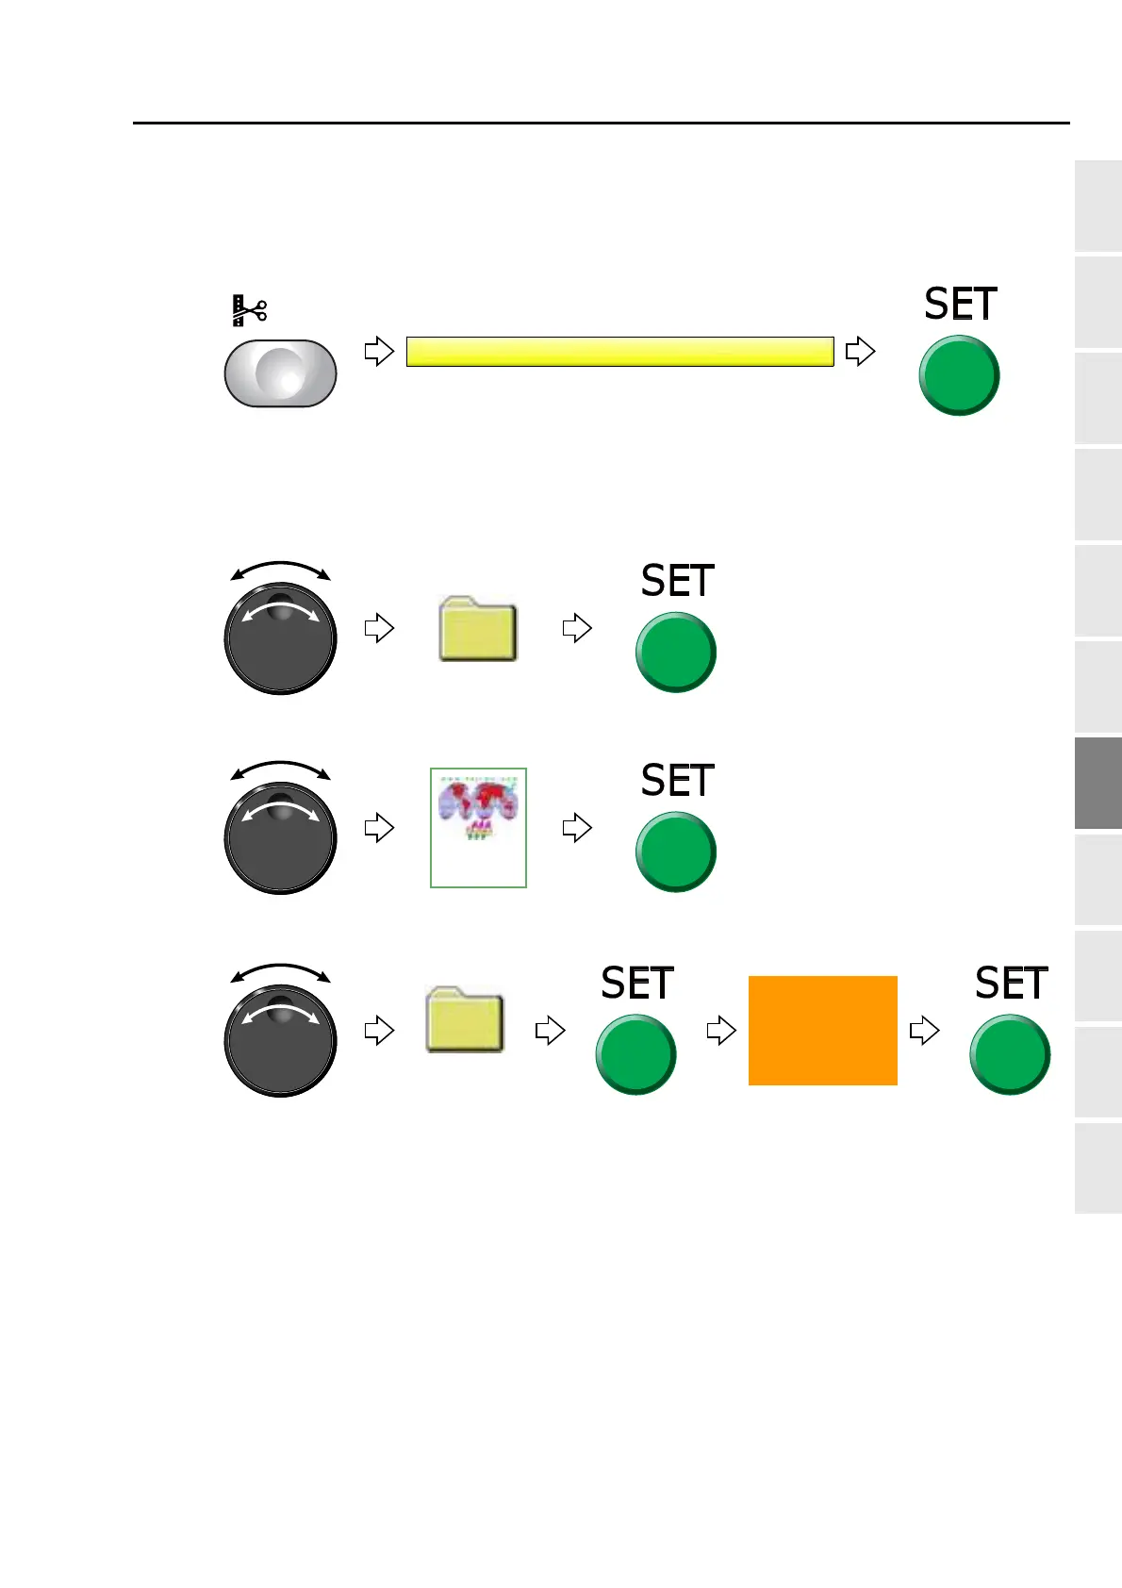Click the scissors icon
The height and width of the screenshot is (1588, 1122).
[x=249, y=310]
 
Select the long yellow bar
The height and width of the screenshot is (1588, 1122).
[x=619, y=352]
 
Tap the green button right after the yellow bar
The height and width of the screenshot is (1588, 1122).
[x=959, y=375]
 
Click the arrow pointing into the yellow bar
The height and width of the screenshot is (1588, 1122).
[x=379, y=352]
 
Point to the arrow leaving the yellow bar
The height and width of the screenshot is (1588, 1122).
[x=860, y=352]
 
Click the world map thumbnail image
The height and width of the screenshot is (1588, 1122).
[x=478, y=827]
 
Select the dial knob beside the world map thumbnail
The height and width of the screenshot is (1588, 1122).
[x=280, y=837]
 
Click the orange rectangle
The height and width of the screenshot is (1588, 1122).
[x=822, y=1031]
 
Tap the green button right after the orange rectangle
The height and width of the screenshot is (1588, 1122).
[x=1009, y=1054]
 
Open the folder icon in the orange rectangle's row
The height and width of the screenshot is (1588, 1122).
[x=465, y=1019]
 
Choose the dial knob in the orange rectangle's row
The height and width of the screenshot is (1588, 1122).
[x=280, y=1040]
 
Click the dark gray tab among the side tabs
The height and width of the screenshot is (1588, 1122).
[x=1097, y=783]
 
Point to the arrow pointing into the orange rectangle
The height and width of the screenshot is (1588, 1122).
[x=721, y=1031]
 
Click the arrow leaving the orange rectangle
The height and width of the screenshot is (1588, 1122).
[x=924, y=1031]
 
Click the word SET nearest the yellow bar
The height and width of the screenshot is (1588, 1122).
[x=960, y=305]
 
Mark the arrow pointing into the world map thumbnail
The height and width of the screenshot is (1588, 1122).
[x=379, y=828]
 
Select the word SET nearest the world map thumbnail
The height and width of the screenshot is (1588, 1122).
[x=677, y=781]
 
